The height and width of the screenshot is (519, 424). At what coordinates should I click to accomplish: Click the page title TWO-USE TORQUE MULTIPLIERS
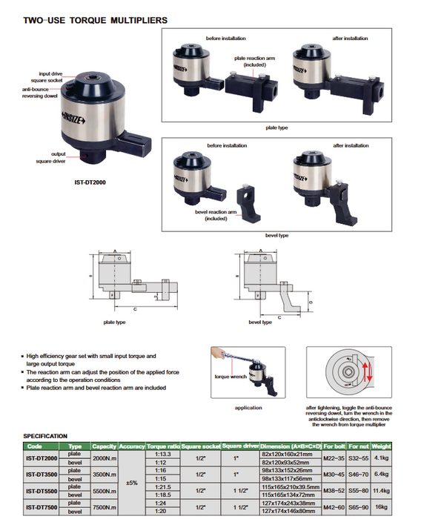(x=96, y=21)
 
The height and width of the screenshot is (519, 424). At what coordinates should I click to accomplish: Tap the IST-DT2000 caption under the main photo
(x=90, y=182)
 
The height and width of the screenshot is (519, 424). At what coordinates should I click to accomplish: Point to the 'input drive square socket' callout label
(x=47, y=77)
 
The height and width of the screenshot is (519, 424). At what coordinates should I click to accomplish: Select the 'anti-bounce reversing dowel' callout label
(x=40, y=93)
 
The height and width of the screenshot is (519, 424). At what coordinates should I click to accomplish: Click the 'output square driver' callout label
(x=51, y=157)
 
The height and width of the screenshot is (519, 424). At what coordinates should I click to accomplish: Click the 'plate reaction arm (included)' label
(x=254, y=62)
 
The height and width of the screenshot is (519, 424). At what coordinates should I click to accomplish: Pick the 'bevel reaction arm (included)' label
(x=216, y=215)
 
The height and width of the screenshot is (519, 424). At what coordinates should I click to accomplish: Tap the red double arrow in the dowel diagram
(x=367, y=372)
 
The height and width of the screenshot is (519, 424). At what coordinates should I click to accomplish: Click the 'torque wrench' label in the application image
(x=231, y=377)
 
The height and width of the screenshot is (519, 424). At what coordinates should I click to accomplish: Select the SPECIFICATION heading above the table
(x=45, y=436)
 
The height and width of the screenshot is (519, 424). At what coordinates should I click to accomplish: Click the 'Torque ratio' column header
(x=163, y=446)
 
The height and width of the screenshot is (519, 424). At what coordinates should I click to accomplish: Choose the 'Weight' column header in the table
(x=381, y=446)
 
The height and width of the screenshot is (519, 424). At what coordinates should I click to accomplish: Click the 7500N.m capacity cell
(x=105, y=507)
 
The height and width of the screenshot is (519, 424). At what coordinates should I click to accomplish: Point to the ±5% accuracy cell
(x=132, y=483)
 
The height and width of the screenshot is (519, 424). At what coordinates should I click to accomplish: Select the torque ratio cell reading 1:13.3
(x=163, y=454)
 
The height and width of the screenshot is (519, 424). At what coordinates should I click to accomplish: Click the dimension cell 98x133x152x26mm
(x=287, y=470)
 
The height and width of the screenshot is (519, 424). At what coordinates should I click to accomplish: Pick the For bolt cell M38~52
(x=334, y=491)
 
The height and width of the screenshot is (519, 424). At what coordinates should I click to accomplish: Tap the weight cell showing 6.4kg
(x=381, y=474)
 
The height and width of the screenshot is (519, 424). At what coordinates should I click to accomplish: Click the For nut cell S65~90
(x=359, y=507)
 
